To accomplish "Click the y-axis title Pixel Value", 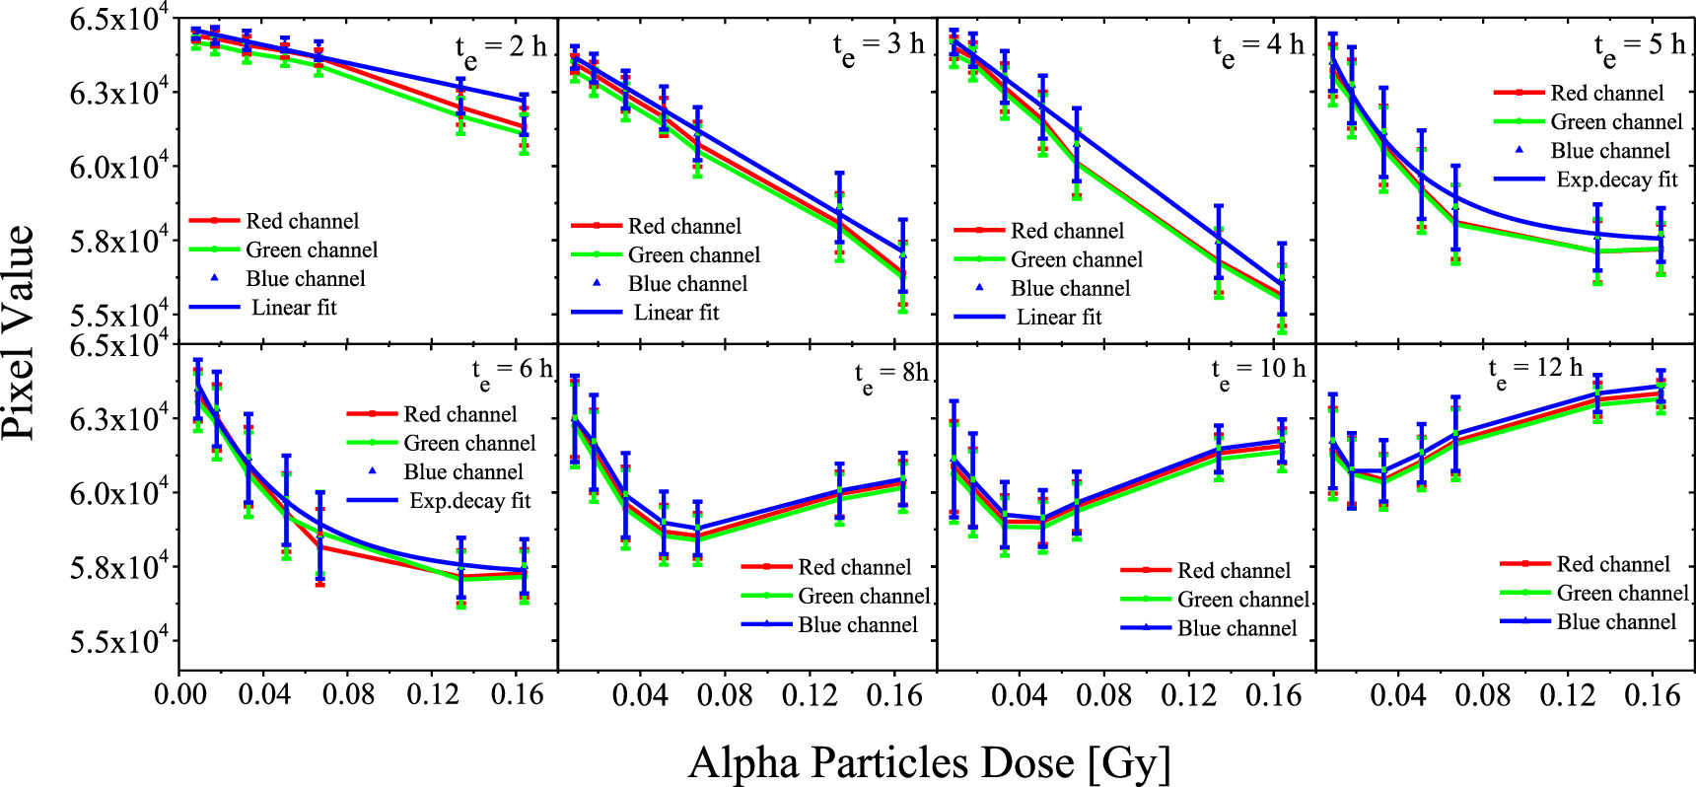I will [20, 331].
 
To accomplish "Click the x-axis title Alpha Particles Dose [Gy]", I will [929, 762].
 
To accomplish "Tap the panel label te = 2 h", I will [500, 49].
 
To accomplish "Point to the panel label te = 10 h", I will [1257, 372].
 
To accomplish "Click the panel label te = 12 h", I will [1534, 371].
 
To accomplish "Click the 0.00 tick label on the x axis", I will [180, 694].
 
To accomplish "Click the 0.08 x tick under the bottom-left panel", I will [348, 694].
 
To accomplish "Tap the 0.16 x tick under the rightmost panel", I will [1652, 694].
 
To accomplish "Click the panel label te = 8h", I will [890, 375].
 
